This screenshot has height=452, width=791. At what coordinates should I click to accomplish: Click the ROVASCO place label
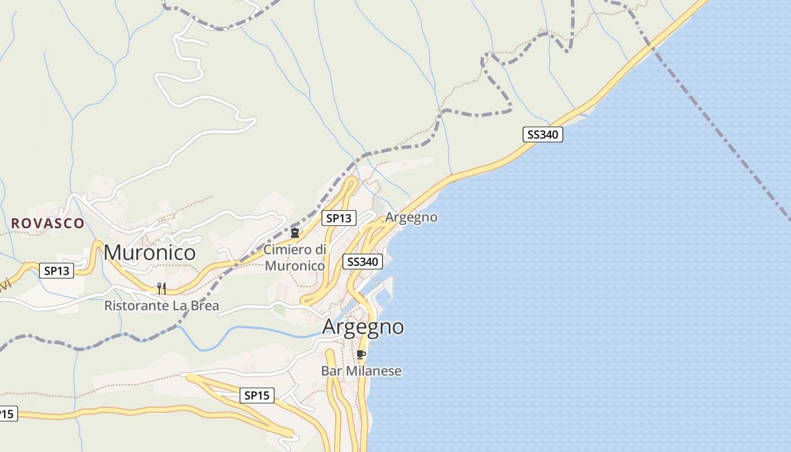tap(47, 223)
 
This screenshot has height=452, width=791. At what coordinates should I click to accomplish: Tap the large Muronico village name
tap(150, 253)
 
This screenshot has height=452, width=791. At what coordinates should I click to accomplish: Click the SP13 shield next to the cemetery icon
tap(339, 218)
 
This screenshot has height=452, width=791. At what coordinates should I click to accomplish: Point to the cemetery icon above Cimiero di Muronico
tap(294, 232)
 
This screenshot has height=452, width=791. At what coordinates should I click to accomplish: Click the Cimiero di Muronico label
tap(295, 258)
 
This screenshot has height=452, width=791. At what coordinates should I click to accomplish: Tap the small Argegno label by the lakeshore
tap(411, 218)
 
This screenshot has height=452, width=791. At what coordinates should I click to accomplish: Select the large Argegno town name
tap(363, 327)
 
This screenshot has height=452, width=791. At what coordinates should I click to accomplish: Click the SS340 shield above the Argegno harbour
tap(363, 262)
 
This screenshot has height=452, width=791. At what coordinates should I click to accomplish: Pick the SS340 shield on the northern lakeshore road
tap(542, 134)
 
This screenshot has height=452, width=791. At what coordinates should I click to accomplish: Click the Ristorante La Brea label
tap(162, 306)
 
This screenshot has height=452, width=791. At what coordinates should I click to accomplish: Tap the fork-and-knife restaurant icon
tap(162, 289)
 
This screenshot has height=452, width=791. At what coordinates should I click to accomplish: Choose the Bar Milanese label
tap(362, 371)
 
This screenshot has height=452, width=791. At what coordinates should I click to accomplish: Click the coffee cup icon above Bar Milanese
tap(361, 355)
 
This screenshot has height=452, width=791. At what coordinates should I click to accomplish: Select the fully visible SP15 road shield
tap(257, 395)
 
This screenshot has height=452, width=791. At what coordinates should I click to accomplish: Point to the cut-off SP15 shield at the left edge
tap(7, 414)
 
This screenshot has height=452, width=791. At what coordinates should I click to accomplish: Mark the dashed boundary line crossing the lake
tap(723, 136)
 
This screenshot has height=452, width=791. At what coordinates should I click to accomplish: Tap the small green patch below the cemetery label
tap(280, 310)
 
